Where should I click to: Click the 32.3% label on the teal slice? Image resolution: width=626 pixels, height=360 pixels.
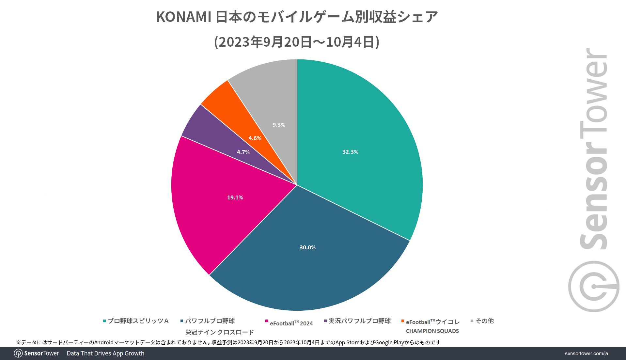tap(350, 152)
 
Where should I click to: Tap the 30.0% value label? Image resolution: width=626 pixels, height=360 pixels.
tap(307, 247)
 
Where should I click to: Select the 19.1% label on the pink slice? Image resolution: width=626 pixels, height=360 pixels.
tap(235, 197)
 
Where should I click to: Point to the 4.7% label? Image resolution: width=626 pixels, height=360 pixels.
tap(243, 152)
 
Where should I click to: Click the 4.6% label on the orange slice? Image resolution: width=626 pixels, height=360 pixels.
tap(255, 138)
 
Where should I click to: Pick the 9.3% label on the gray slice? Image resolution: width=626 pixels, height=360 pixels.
tap(279, 125)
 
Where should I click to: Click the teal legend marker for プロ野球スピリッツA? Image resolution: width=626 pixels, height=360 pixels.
tap(104, 321)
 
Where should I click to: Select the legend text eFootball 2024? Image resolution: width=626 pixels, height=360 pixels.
tap(291, 323)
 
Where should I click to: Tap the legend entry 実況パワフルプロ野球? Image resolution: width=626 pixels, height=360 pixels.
tap(359, 321)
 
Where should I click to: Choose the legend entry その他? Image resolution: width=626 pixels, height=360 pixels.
tap(484, 321)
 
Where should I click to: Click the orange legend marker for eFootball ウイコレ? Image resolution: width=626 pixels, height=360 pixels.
tap(403, 321)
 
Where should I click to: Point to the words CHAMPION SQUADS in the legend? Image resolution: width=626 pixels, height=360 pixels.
tap(432, 331)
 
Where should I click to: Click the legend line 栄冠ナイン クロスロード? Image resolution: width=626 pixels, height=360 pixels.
tap(219, 332)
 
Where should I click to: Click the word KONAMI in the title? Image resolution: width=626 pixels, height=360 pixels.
tap(184, 17)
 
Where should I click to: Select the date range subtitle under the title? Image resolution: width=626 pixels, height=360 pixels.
tap(297, 42)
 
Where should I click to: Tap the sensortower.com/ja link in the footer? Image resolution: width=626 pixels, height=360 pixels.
tap(586, 353)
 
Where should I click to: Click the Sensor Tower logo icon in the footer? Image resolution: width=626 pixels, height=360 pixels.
tap(18, 353)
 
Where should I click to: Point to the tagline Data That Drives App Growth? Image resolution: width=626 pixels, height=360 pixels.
tap(105, 353)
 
